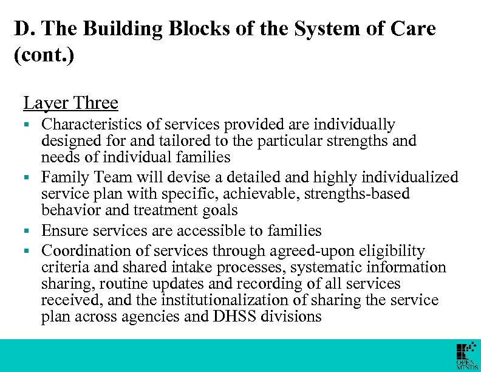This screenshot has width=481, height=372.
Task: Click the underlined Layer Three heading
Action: [x=70, y=103]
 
